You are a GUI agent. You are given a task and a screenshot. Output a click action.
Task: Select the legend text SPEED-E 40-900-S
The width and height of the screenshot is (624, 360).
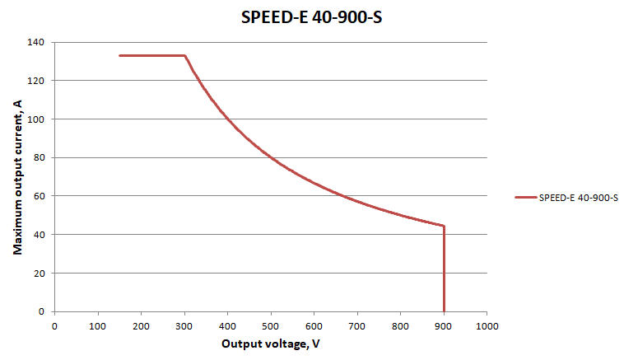(x=579, y=197)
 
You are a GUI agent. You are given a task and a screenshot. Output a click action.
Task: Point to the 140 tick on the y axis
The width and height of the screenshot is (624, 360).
(x=38, y=42)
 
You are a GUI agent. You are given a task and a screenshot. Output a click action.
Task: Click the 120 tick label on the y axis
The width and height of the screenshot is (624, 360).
(x=38, y=81)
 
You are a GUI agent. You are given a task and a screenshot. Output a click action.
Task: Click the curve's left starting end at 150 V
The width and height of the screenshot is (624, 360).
(x=119, y=55)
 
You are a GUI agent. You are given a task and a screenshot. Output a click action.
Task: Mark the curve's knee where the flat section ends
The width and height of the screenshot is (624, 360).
(x=184, y=55)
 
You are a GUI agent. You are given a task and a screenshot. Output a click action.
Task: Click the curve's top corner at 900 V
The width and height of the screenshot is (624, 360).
(x=444, y=226)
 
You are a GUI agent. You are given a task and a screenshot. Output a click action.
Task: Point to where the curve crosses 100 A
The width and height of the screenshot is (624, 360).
(x=227, y=119)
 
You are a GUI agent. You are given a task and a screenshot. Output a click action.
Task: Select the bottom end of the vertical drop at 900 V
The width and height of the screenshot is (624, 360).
(x=444, y=311)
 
